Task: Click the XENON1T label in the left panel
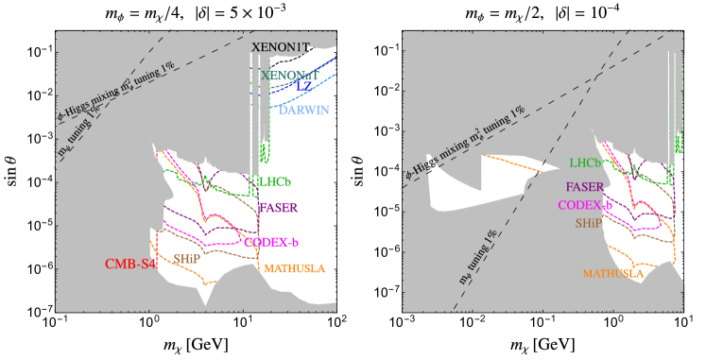[x=294, y=46]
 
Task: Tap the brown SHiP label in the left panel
[x=192, y=257]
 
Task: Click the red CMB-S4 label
[x=130, y=264]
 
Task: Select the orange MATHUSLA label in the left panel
[x=294, y=268]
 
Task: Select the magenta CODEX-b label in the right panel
[x=585, y=205]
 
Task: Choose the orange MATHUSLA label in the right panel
[x=612, y=273]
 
